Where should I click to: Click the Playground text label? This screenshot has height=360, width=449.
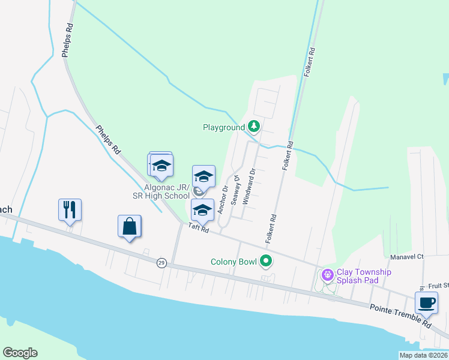[x=223, y=127]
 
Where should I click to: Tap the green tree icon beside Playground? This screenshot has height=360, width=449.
[x=255, y=127]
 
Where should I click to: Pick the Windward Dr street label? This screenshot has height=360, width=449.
[x=249, y=187]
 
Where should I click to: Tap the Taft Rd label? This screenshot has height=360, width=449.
[x=198, y=227]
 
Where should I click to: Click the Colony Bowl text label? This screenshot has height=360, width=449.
[x=234, y=262]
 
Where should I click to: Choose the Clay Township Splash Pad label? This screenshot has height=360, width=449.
[x=364, y=276]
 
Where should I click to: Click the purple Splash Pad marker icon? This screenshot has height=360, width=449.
[x=327, y=275]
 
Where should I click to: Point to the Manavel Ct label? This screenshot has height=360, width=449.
[x=406, y=256]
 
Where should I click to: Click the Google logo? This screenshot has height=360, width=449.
[x=20, y=353]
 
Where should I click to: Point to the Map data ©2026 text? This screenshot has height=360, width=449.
[x=423, y=355]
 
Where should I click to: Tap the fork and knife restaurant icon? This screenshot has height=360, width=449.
[x=70, y=209]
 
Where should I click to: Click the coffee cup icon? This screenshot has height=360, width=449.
[x=426, y=303]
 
